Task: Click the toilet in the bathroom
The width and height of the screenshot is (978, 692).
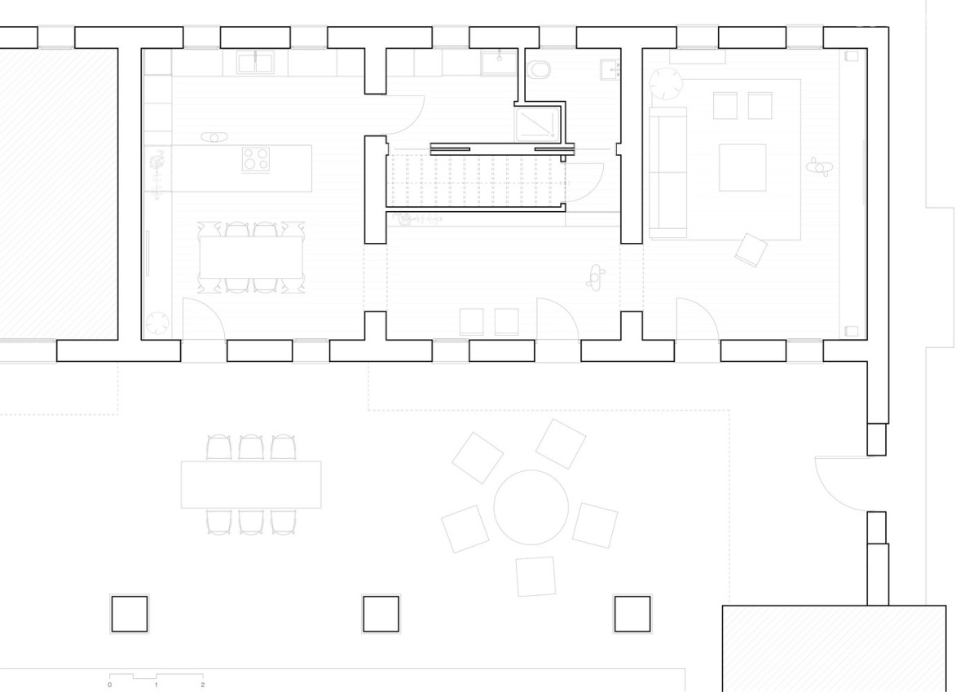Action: (539, 70)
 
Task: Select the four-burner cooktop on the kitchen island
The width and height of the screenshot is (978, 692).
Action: (256, 159)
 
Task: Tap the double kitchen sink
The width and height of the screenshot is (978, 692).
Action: (255, 62)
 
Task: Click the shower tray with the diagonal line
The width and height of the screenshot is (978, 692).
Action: (537, 125)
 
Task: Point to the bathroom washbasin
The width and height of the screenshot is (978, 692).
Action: (610, 70)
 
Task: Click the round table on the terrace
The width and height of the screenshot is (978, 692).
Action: (531, 507)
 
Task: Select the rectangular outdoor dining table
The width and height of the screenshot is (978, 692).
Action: (251, 484)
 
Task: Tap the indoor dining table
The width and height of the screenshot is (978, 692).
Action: (251, 257)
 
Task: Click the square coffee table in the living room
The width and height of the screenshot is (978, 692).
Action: (742, 168)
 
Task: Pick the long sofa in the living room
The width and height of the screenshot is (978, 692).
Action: (667, 173)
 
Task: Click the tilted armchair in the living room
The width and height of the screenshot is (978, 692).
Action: (751, 250)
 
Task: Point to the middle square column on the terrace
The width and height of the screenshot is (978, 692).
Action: (381, 614)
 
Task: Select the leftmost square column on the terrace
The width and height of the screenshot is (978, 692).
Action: (130, 614)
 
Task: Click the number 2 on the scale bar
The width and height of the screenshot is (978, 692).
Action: (203, 685)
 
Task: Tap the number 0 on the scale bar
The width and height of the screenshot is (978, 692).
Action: (109, 685)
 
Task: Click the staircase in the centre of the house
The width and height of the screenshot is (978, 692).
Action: (475, 181)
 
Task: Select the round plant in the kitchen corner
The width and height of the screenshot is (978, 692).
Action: (157, 323)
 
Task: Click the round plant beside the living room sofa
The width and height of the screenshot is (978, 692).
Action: (665, 84)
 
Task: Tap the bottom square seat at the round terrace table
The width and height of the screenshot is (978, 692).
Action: (535, 576)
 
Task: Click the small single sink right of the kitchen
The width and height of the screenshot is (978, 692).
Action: (499, 63)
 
